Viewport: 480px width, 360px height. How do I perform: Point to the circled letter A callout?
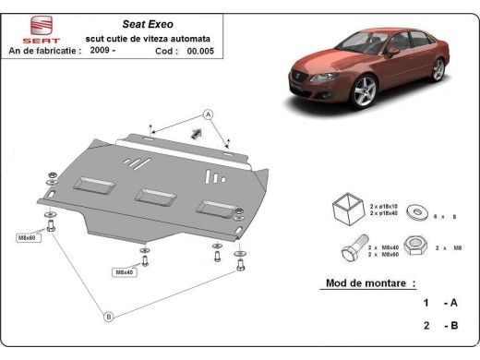(209, 114)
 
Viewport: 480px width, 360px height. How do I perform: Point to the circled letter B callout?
(108, 317)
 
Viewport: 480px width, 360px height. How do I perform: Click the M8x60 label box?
(29, 237)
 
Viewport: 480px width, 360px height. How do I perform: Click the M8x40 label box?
(124, 272)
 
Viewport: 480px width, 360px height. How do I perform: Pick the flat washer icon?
(411, 213)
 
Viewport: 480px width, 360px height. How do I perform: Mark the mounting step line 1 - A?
(440, 303)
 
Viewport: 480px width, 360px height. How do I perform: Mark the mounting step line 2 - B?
(440, 326)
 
